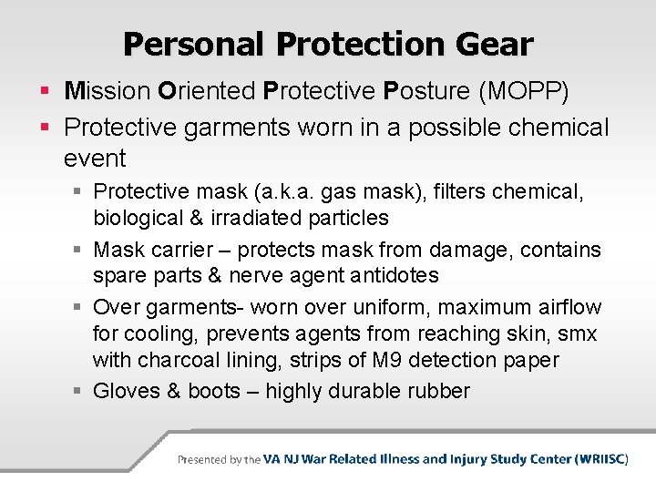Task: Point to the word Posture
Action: tap(420, 91)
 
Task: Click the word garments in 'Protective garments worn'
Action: tap(237, 128)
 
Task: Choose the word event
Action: tap(95, 159)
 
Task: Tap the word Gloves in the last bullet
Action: tap(126, 392)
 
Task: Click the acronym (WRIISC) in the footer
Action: tap(601, 459)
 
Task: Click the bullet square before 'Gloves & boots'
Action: tap(78, 393)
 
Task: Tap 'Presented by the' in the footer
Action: tap(219, 460)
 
